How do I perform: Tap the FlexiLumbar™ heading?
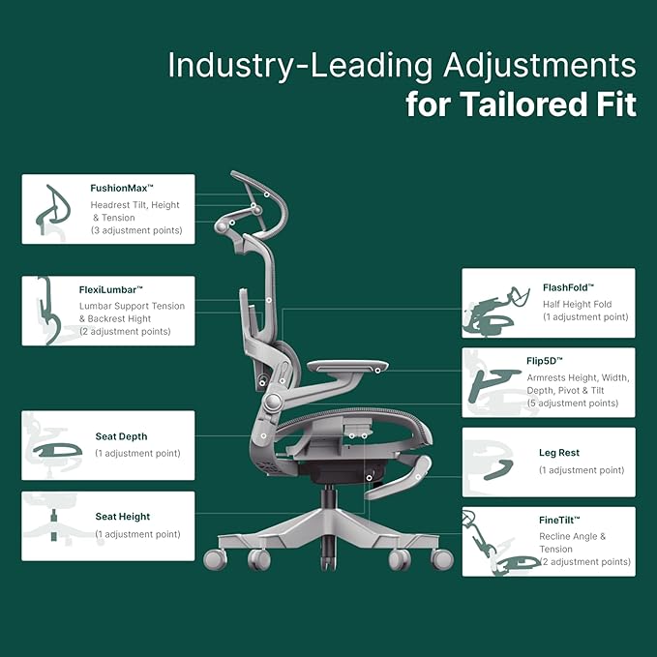(x=110, y=289)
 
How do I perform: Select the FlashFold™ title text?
(x=568, y=287)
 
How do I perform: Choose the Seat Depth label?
(x=121, y=436)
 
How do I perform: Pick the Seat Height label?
(x=122, y=517)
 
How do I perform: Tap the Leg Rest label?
(x=558, y=452)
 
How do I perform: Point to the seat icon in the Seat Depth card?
(x=56, y=450)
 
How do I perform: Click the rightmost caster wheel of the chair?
(x=442, y=558)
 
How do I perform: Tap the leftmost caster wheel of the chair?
(x=215, y=559)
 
